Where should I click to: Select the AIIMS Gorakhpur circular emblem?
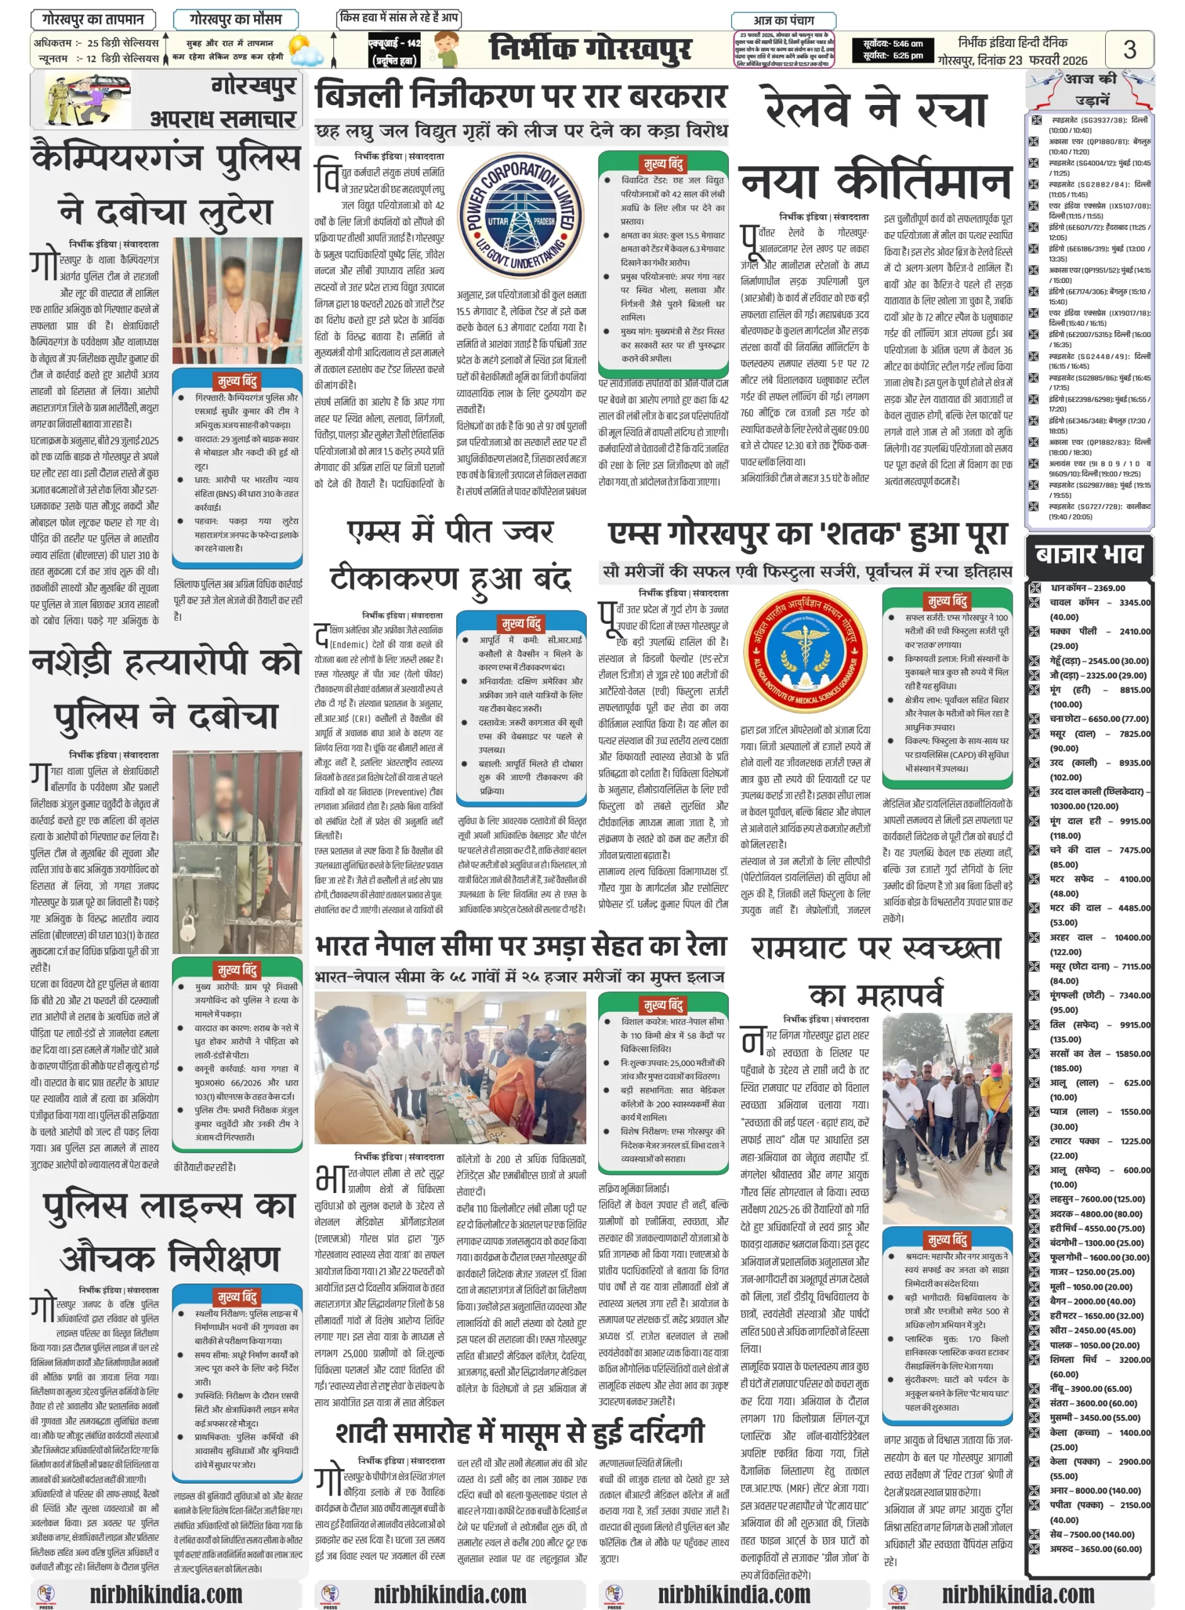click(805, 650)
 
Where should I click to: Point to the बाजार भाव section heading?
click(1088, 554)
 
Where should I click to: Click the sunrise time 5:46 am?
click(893, 44)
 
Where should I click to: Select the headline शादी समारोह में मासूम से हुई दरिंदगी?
click(520, 1432)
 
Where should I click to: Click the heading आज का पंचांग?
click(783, 20)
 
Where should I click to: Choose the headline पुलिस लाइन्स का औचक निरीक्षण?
click(169, 1233)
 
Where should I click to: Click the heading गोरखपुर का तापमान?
click(93, 19)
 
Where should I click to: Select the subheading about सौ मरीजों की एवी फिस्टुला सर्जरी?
click(806, 571)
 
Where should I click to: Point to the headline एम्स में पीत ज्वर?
click(450, 531)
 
